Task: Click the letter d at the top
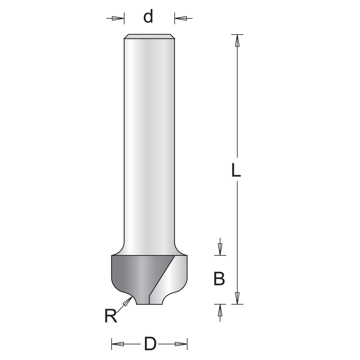tap(148, 17)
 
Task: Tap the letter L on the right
tap(236, 170)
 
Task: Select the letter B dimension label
tap(219, 279)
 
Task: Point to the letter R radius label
tap(111, 316)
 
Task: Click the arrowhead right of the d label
tap(180, 18)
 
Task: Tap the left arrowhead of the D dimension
tap(118, 344)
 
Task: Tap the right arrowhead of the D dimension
tap(181, 344)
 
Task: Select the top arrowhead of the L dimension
tap(237, 40)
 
